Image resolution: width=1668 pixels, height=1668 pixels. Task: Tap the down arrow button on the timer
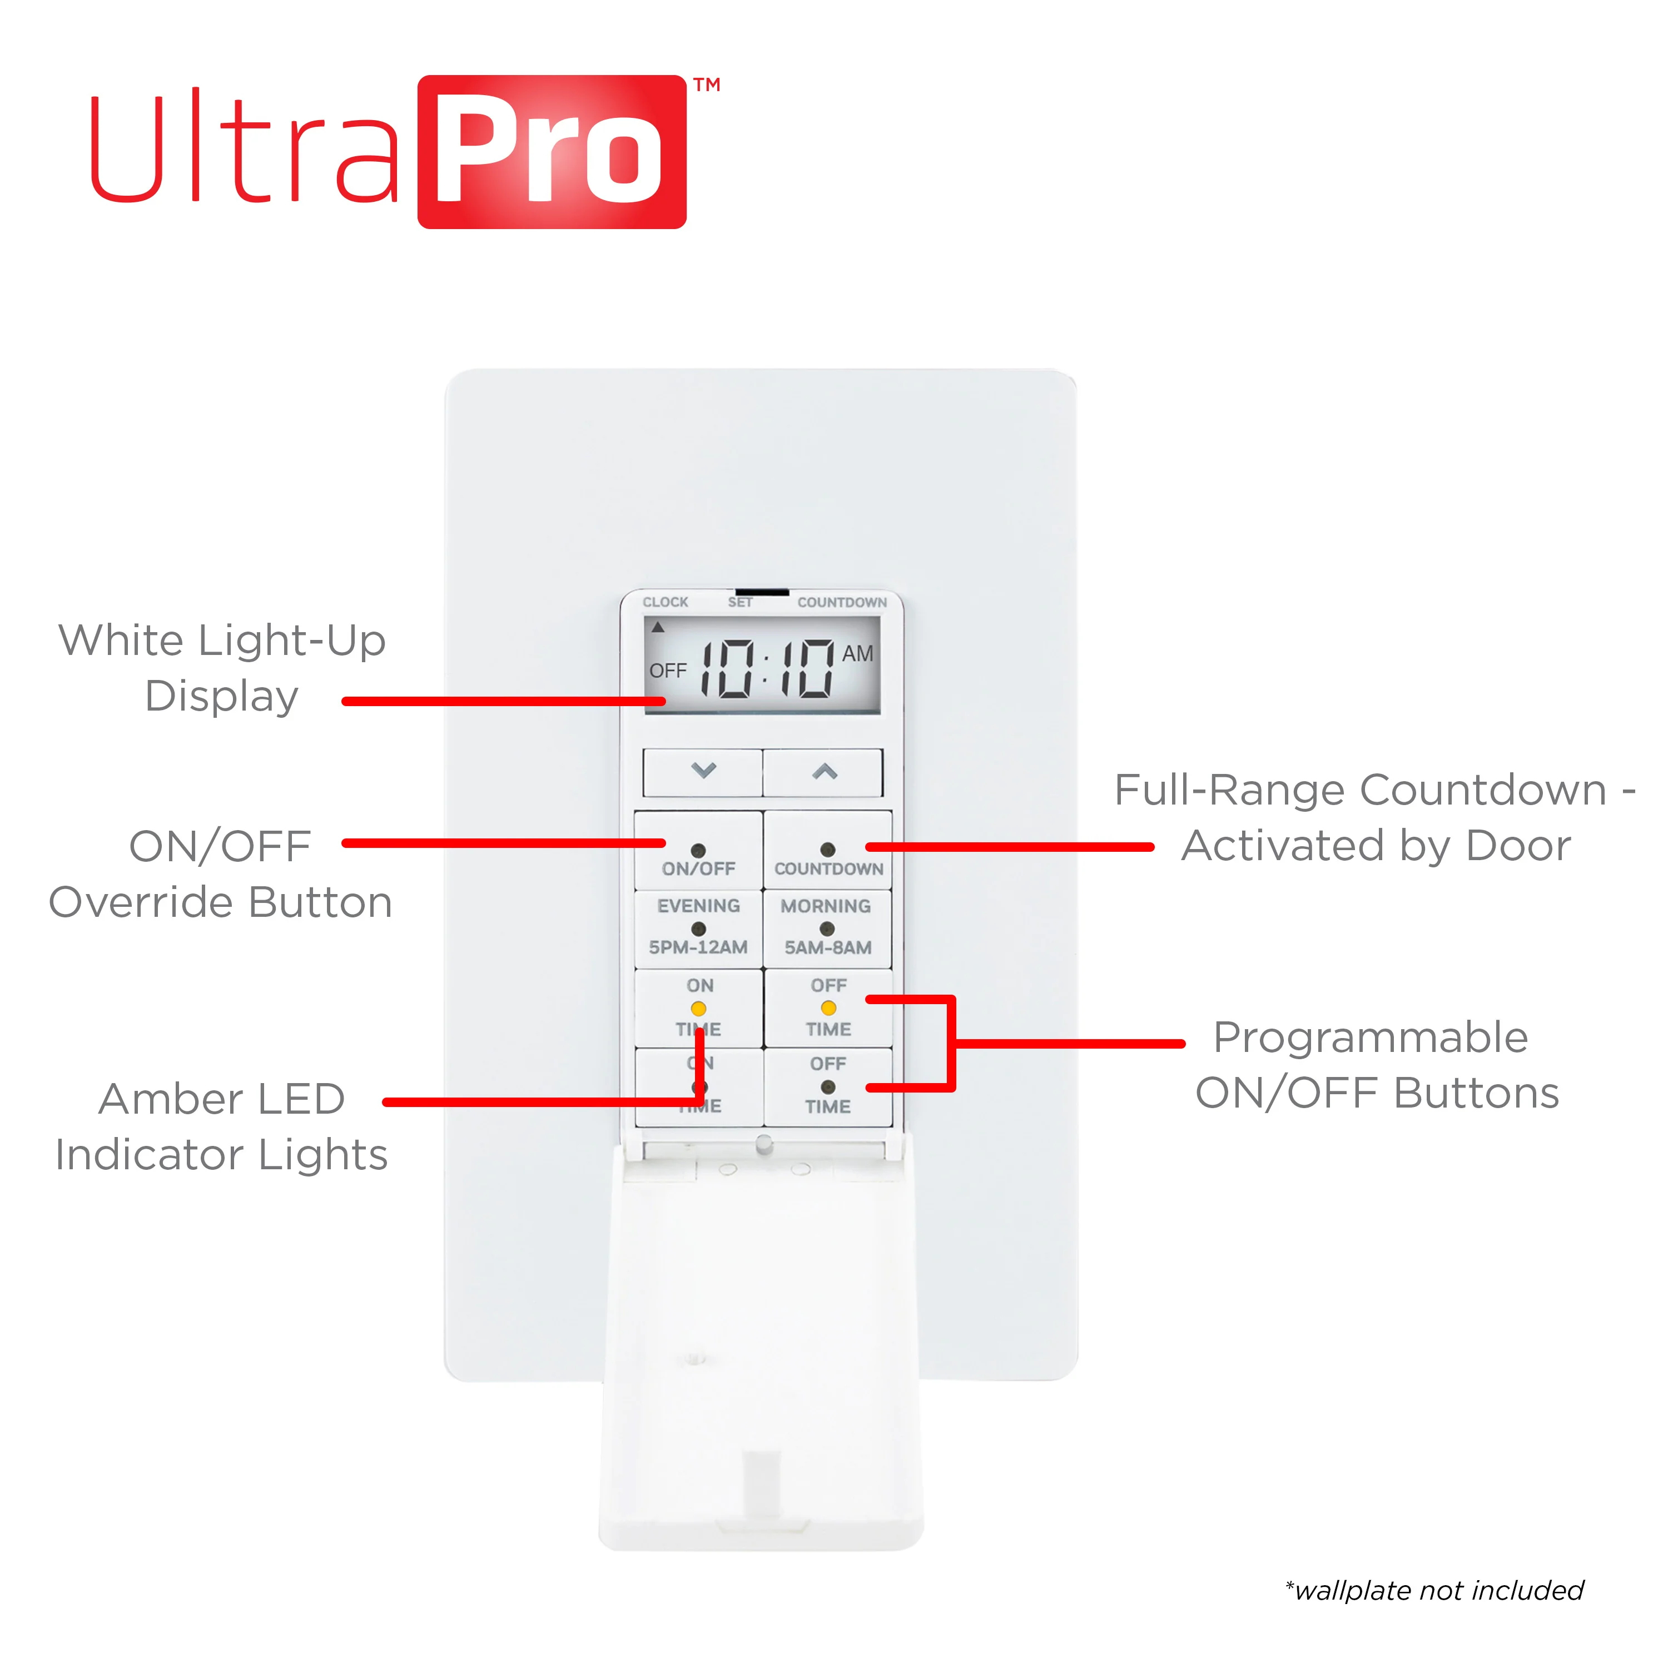[703, 772]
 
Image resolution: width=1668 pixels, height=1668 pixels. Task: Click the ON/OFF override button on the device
[698, 851]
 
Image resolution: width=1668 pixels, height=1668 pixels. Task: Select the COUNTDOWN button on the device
[828, 851]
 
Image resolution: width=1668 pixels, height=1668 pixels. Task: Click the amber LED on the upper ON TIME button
[698, 1009]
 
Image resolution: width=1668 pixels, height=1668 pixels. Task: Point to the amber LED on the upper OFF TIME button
[828, 1007]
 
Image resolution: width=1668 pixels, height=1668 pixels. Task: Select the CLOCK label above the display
[665, 602]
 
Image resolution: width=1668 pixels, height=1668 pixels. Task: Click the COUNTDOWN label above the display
[842, 602]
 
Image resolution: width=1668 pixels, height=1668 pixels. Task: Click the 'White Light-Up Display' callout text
[222, 668]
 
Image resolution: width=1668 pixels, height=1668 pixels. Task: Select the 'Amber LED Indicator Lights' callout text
[222, 1126]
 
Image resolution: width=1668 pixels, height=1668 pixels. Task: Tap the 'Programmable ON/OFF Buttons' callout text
[1377, 1065]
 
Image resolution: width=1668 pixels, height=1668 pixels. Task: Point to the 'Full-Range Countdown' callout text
[1361, 790]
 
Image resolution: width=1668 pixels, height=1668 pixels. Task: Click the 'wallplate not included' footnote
[1434, 1590]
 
